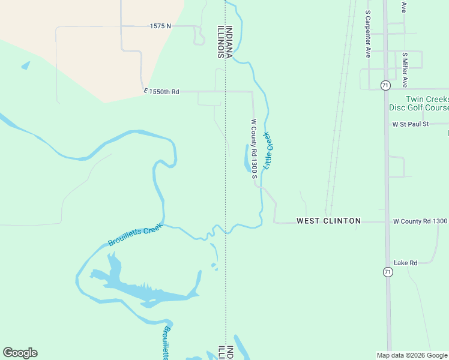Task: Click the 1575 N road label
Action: (160, 26)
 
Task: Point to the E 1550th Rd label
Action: (161, 91)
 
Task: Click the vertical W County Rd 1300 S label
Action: (254, 148)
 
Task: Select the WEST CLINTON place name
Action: (328, 221)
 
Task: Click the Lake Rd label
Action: (405, 263)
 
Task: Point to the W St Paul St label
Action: (411, 124)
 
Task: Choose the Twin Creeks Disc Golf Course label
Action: (427, 103)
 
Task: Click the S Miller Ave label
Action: (405, 70)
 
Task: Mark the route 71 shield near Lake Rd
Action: (388, 272)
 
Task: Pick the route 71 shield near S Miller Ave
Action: (385, 85)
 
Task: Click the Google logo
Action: (20, 353)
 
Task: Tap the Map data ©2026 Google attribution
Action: (412, 355)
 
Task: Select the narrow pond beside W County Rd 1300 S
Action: (247, 158)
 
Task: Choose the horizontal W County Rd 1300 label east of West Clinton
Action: (420, 221)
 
